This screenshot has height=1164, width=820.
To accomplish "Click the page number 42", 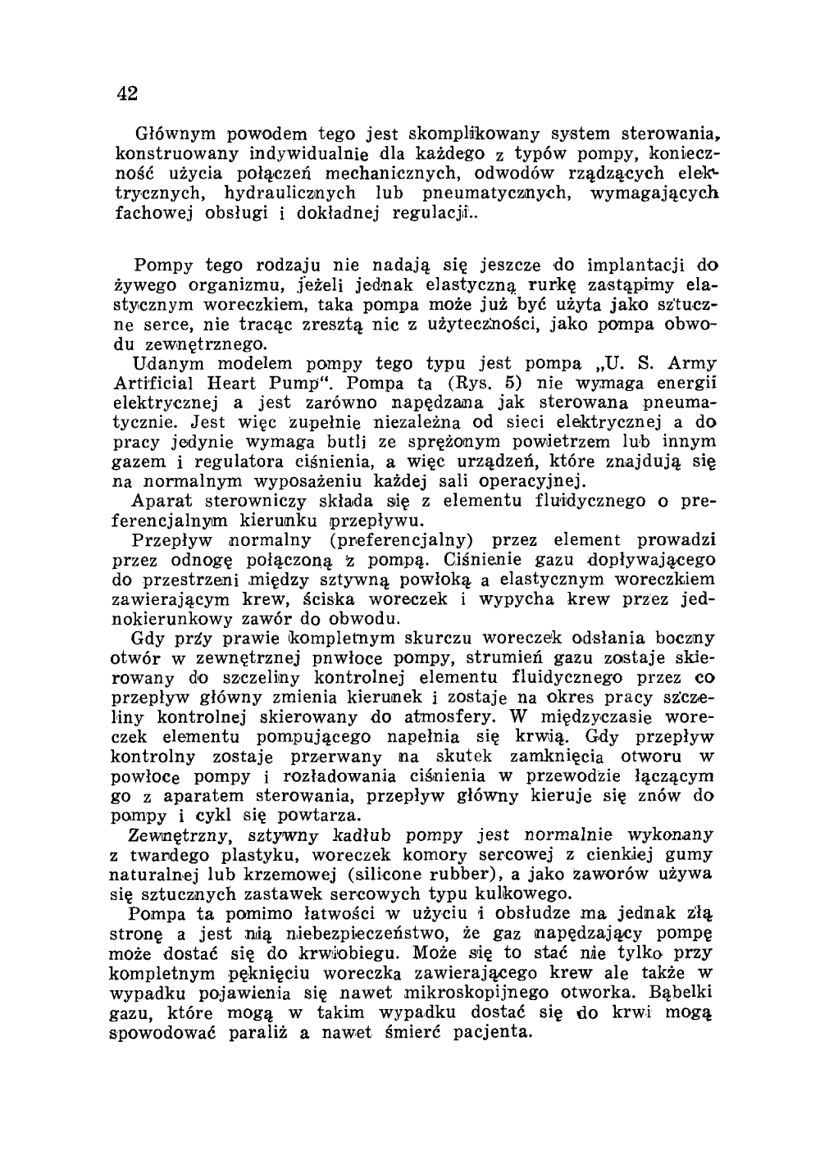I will click(126, 93).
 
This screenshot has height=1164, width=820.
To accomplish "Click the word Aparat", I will click(162, 500).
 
